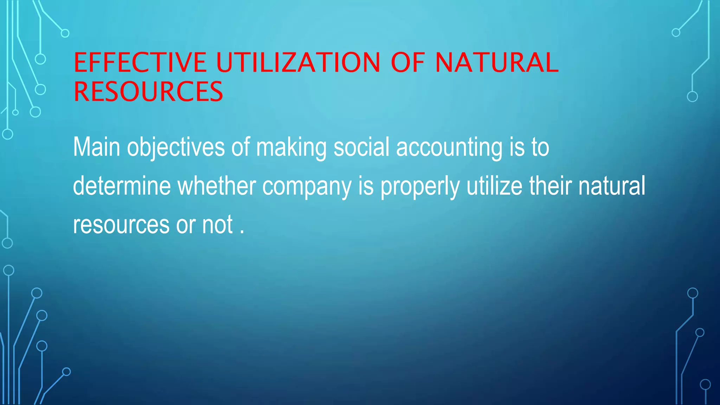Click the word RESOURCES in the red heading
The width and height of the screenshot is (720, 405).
click(x=148, y=91)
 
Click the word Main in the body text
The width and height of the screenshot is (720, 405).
click(x=97, y=147)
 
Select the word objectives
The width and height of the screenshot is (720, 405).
click(x=176, y=148)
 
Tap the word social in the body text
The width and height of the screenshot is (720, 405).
click(x=361, y=147)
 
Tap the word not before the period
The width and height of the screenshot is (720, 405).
click(x=217, y=225)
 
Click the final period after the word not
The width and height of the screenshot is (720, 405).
click(x=242, y=232)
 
